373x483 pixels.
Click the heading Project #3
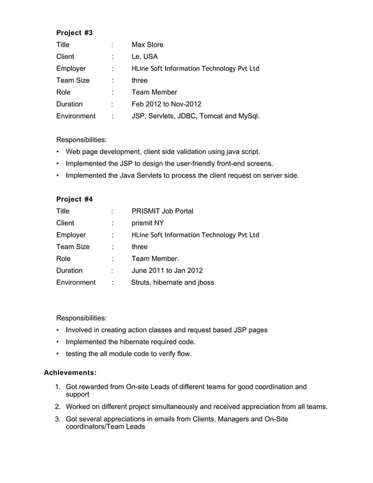pos(74,32)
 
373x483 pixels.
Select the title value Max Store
pos(147,44)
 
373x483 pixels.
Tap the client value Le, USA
pos(144,57)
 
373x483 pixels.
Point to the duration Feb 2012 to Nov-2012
pos(166,104)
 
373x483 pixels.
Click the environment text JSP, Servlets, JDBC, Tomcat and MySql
pos(195,116)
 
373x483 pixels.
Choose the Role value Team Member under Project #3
pos(154,92)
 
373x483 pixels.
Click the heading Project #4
pos(74,199)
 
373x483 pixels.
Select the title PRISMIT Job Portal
pos(162,211)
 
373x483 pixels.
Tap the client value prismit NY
pos(147,223)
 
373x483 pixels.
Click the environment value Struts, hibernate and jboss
pos(172,282)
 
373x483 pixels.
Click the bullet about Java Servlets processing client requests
pos(182,175)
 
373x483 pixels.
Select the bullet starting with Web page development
pos(163,151)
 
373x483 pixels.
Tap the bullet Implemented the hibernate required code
pos(130,341)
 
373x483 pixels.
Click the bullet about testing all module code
pos(129,354)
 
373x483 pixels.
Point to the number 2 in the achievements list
pos(58,406)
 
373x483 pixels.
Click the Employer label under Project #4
pos(71,235)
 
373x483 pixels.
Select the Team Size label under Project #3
pos(72,80)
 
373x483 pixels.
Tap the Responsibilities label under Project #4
pos(81,318)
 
